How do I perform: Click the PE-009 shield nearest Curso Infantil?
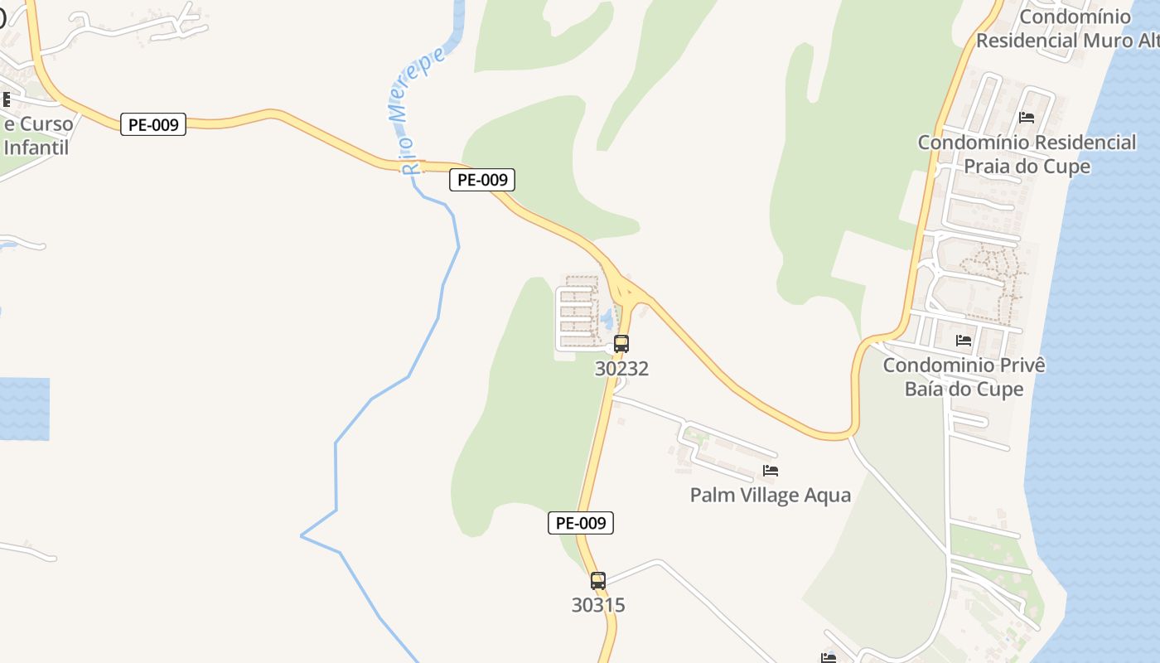pos(153,124)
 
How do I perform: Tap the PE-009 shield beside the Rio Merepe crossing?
pos(482,179)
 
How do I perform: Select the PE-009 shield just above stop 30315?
pos(581,523)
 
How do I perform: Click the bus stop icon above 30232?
pos(621,343)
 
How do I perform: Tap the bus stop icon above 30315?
pos(598,580)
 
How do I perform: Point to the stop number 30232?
pos(621,369)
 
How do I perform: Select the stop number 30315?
pos(598,605)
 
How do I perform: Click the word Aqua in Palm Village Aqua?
pos(825,495)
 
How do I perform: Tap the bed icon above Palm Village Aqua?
pos(771,471)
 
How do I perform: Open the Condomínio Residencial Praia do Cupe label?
pos(1027,154)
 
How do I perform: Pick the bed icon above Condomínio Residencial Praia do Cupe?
pos(1027,118)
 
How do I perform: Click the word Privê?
pos(1022,365)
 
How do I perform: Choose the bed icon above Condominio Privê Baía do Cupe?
pos(963,340)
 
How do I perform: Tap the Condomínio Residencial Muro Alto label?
pos(1065,28)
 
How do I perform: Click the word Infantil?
pos(36,148)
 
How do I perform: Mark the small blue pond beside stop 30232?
pos(607,318)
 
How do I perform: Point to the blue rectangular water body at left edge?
pos(23,409)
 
